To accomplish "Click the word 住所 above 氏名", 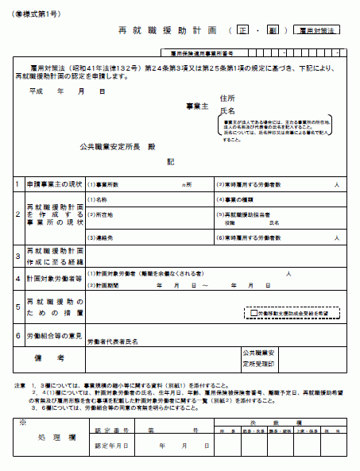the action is (227, 97).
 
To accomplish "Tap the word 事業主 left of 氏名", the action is (195, 106).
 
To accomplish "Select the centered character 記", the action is (170, 161).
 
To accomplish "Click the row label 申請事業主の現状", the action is (53, 183).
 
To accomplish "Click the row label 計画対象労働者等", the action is (53, 279).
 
